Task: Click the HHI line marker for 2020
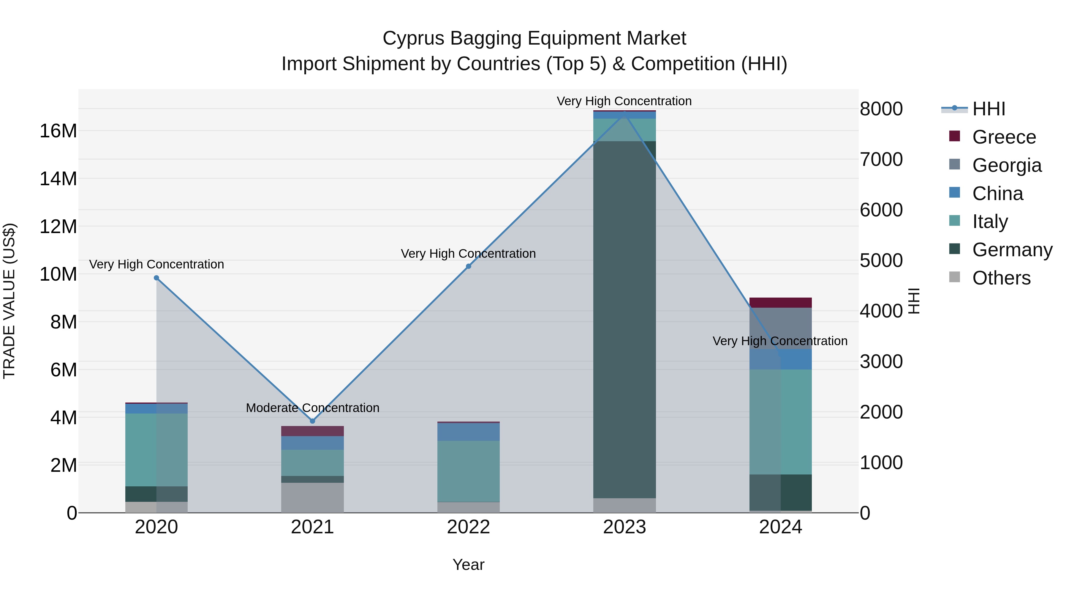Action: [x=156, y=278]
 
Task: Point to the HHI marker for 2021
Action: [x=312, y=421]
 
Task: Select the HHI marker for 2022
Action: [x=469, y=266]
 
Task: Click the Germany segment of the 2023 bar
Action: [x=624, y=320]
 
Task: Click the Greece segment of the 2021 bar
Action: [x=312, y=431]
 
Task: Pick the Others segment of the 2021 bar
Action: [x=312, y=497]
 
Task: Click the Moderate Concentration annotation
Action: [x=312, y=408]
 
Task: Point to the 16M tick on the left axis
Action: [x=58, y=131]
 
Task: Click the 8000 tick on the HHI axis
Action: [x=881, y=109]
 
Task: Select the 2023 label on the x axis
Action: [x=624, y=527]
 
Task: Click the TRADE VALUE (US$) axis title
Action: [x=10, y=301]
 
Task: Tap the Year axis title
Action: [x=469, y=565]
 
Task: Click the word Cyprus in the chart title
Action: [x=413, y=38]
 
